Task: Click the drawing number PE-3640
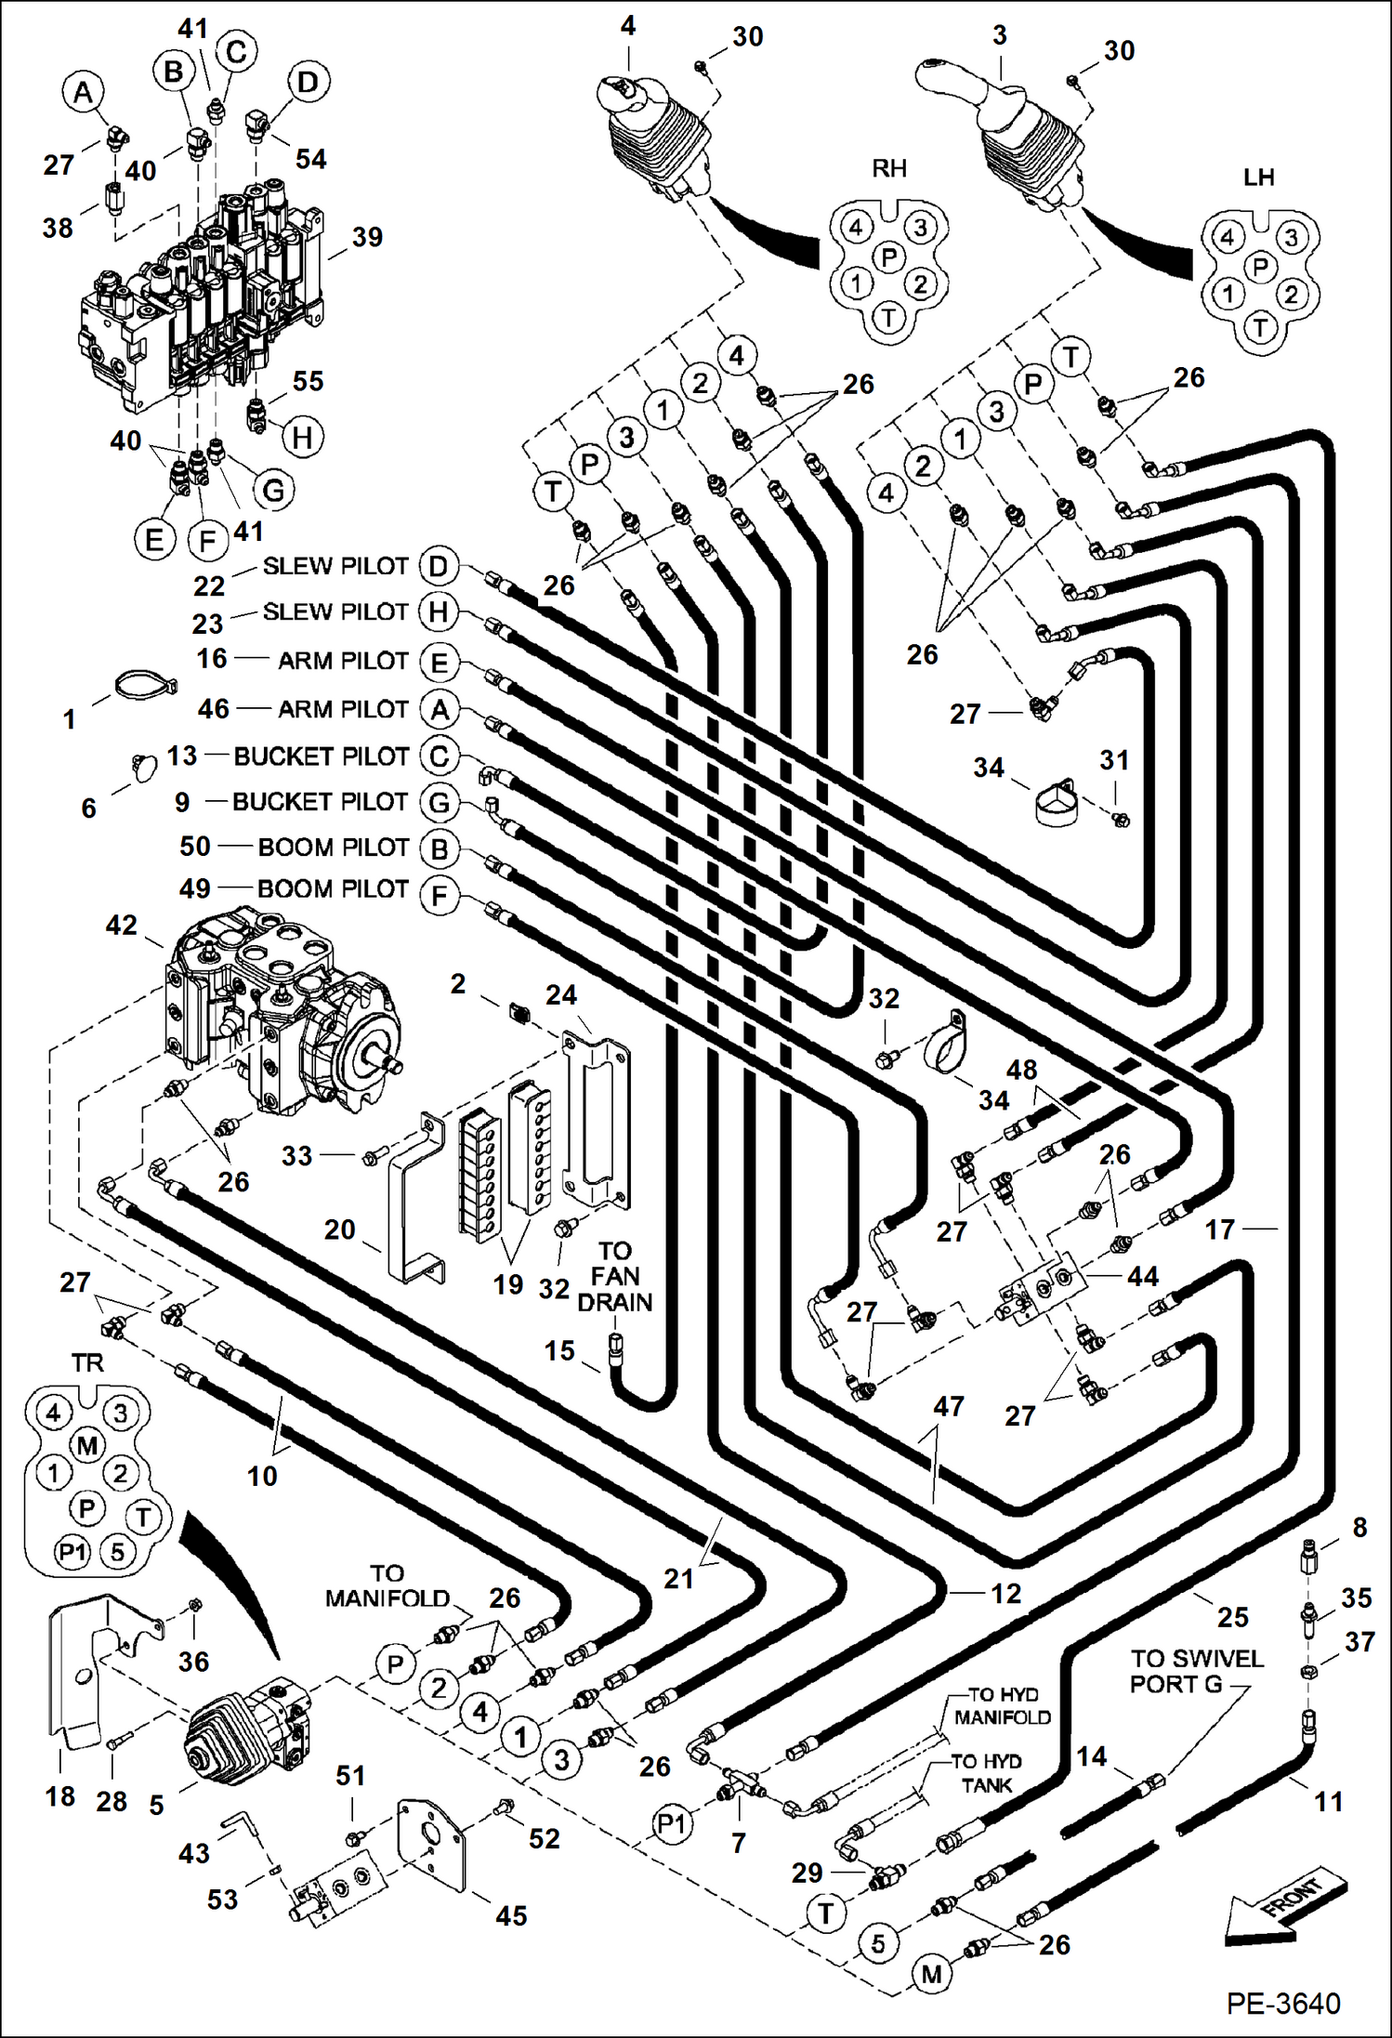[1282, 2003]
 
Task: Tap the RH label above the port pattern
[888, 168]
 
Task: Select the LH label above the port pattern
[1258, 177]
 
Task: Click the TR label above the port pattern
[87, 1362]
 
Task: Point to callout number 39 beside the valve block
[367, 237]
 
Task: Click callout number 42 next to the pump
[122, 925]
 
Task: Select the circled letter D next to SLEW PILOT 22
[439, 566]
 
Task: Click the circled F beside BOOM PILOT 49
[439, 897]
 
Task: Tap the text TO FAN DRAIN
[614, 1276]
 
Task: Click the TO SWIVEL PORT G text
[1195, 1671]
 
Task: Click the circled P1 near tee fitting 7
[671, 1824]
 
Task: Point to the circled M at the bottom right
[932, 1973]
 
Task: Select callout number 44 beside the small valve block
[1142, 1276]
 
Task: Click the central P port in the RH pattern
[889, 256]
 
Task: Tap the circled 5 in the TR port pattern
[118, 1551]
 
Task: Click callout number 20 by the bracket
[340, 1229]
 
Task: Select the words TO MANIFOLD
[387, 1585]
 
